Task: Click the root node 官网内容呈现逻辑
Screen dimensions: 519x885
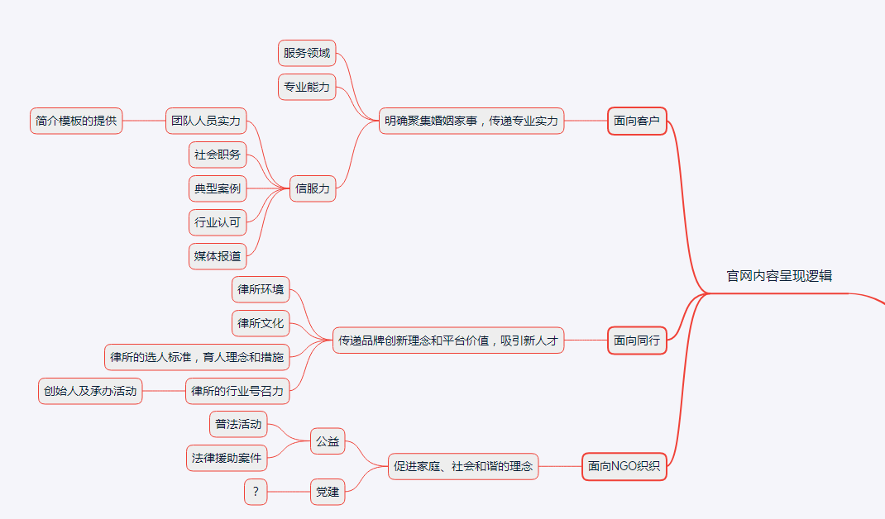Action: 779,276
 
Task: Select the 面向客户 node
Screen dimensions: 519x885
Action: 637,121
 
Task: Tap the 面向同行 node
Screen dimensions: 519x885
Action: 637,340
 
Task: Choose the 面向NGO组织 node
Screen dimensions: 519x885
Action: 624,466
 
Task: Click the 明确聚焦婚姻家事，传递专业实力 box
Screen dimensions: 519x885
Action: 471,121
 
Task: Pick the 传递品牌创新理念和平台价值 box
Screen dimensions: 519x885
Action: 448,340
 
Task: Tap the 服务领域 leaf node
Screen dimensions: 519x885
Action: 307,54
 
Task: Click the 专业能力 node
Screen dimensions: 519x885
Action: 307,87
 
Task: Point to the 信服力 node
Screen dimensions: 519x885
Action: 313,188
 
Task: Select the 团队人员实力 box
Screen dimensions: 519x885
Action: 206,121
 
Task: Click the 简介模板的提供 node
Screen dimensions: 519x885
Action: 76,121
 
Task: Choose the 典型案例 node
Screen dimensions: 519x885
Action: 218,188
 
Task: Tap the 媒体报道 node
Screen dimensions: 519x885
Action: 218,256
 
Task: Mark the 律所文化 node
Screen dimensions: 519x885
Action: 261,323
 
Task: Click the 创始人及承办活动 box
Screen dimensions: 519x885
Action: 91,391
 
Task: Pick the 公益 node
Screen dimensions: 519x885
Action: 328,441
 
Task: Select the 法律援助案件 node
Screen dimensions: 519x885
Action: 227,458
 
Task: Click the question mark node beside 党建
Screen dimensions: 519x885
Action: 256,492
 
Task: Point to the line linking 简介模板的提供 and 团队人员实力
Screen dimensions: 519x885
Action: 144,121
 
